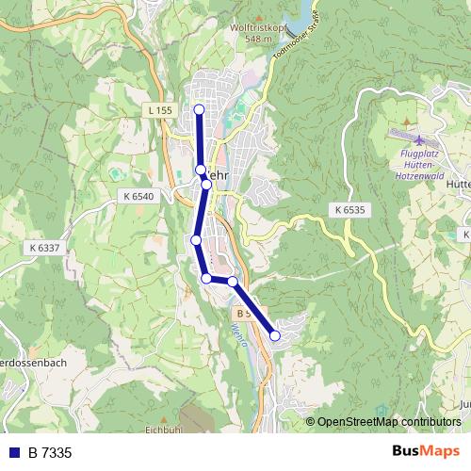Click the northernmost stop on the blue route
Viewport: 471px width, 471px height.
199,109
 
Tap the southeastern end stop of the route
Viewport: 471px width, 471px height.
275,334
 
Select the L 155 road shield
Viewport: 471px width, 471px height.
160,110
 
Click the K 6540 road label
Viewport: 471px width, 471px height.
138,196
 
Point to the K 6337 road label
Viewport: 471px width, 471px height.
44,247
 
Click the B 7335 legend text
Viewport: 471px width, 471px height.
49,453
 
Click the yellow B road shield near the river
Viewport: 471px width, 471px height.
243,312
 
